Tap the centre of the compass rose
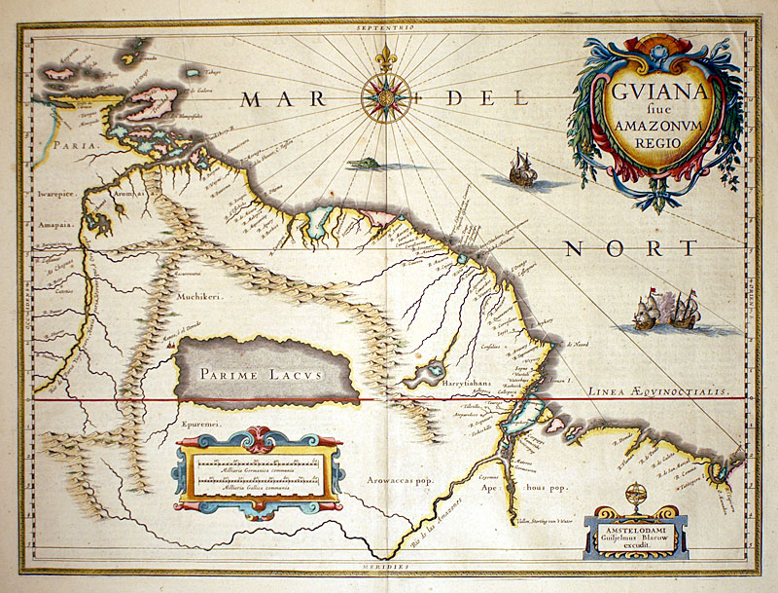pyautogui.click(x=386, y=97)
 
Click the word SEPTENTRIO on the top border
pyautogui.click(x=386, y=28)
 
